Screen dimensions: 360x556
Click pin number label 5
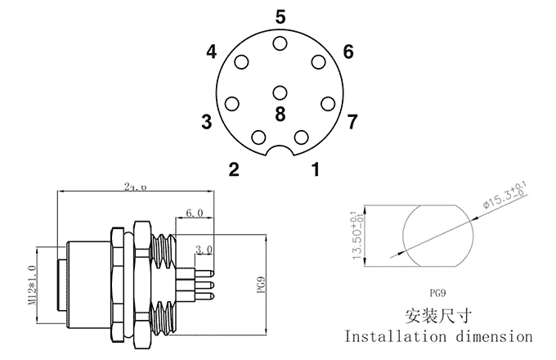tap(280, 17)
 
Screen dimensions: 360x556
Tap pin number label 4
tap(212, 52)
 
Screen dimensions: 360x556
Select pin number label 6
tap(348, 52)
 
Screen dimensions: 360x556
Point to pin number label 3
tap(206, 123)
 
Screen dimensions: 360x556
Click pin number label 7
tap(352, 123)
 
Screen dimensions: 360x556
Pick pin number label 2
tap(234, 170)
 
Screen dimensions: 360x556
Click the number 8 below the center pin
tap(280, 115)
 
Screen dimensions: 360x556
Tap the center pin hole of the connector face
tap(280, 93)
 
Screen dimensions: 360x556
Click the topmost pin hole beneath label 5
tap(280, 44)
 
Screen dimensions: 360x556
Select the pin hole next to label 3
tap(232, 104)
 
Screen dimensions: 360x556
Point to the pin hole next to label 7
tap(329, 104)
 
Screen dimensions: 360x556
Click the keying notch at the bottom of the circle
tap(280, 153)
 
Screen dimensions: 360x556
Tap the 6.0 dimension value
tap(195, 213)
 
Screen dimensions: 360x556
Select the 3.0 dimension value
tap(204, 249)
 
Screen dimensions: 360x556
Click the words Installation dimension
tap(438, 335)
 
